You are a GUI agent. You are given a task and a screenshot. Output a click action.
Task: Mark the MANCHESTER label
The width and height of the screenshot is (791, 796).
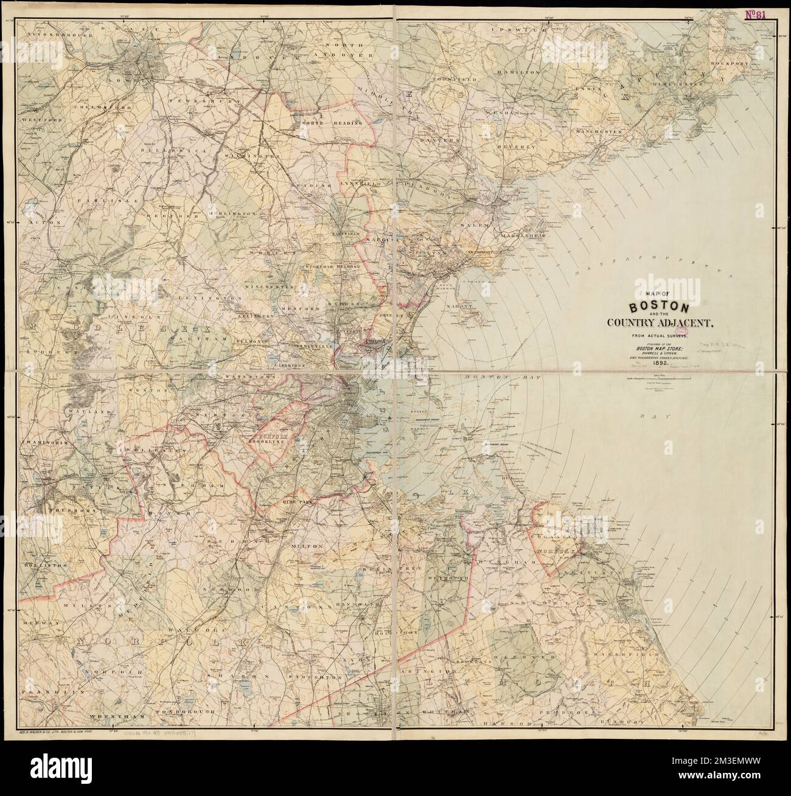click(x=599, y=130)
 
